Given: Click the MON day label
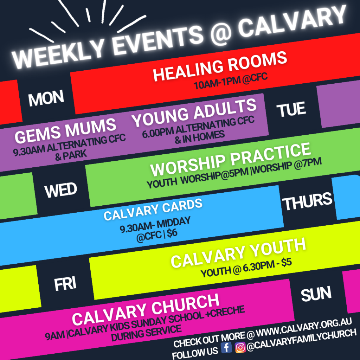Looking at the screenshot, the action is point(46,98).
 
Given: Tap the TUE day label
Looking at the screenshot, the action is point(291,109).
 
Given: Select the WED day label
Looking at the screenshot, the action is point(61,190).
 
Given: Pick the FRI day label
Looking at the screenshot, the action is point(65,284).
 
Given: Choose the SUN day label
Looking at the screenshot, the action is point(316,294).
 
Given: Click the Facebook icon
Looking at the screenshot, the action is point(226,347).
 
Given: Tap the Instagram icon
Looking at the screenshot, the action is point(240,347).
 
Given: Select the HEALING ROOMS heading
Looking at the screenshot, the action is point(220,66).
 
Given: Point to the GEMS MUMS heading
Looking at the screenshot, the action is point(65,131).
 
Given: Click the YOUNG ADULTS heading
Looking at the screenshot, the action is point(194,112).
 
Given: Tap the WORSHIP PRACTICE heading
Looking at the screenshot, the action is point(231,159).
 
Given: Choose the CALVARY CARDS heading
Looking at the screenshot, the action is point(153,210).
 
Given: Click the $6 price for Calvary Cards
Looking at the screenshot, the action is point(172,234).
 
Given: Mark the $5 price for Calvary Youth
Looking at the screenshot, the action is point(287,262).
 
